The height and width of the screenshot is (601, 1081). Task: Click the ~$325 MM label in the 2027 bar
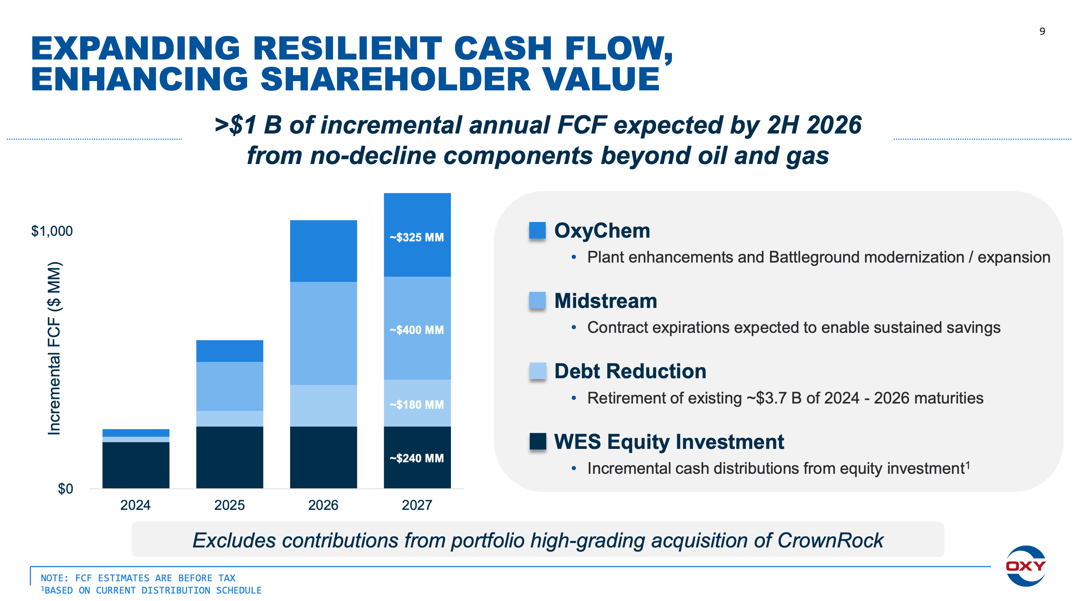(x=416, y=237)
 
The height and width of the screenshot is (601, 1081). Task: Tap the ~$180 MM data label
(x=416, y=404)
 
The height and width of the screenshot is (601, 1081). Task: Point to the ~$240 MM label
(x=416, y=458)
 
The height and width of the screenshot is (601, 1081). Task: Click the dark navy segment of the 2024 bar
(x=136, y=465)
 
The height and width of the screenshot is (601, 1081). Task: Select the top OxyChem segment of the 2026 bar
(x=323, y=251)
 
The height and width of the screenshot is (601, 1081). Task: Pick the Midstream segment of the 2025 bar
(x=230, y=386)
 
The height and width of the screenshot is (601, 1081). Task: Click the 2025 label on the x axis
(x=229, y=504)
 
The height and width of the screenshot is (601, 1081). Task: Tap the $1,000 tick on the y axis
(x=52, y=231)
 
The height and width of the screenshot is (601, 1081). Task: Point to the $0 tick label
(x=65, y=488)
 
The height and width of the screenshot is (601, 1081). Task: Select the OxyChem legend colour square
(x=537, y=230)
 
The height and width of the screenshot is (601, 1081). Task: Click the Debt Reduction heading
(x=630, y=371)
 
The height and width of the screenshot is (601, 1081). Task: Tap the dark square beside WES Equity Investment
(x=537, y=441)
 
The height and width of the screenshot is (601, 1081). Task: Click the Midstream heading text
(x=605, y=301)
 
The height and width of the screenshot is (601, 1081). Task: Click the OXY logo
(x=1025, y=566)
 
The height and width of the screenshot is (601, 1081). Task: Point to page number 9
(x=1042, y=31)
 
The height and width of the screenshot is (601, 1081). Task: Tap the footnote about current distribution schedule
(x=151, y=590)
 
